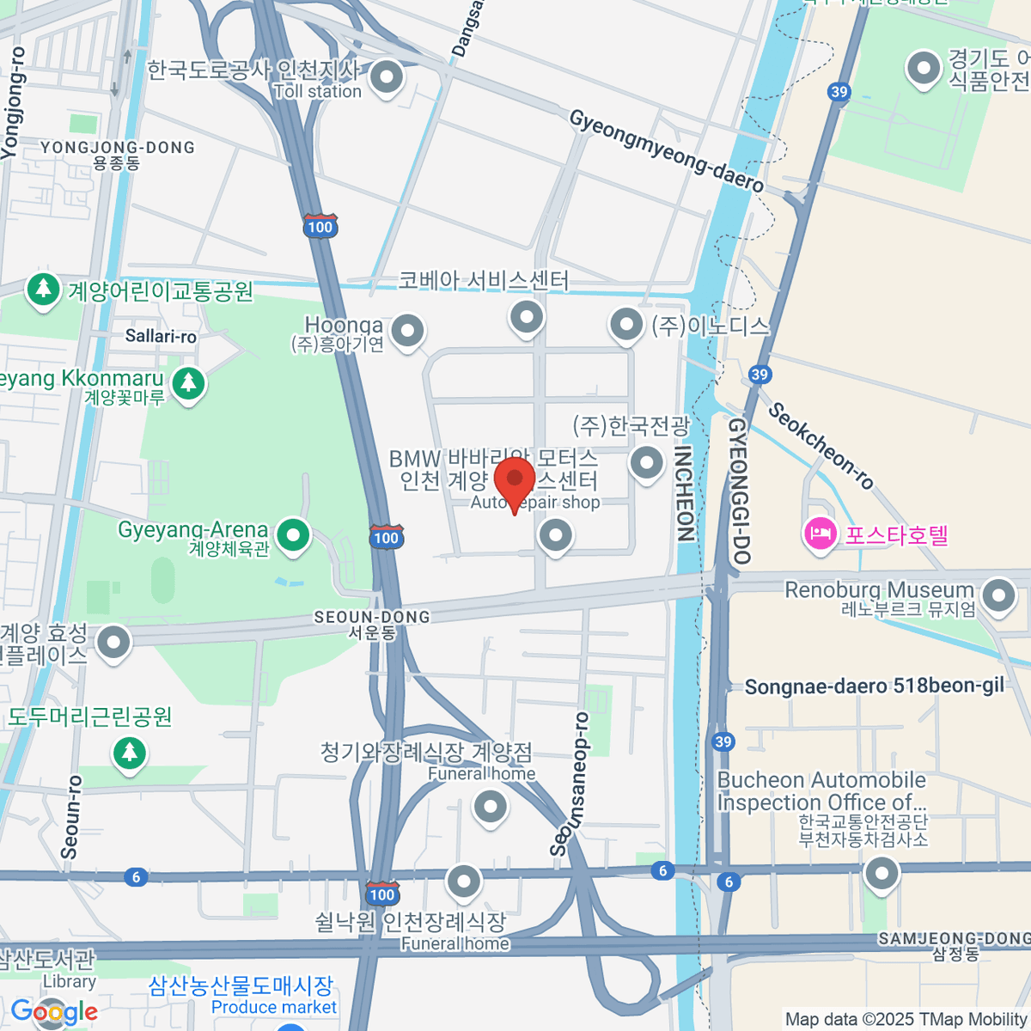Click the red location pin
tap(515, 479)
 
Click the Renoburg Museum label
tap(880, 590)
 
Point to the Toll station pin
tap(387, 78)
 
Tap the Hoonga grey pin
tap(407, 330)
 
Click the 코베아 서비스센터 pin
tap(526, 316)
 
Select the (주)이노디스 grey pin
tap(626, 325)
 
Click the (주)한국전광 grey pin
tap(646, 462)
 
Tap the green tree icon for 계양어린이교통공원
tap(43, 290)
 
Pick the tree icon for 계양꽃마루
tap(188, 382)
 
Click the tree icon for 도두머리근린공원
tap(130, 753)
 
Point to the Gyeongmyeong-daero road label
tap(667, 151)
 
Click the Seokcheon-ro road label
tap(821, 445)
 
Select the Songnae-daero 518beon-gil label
tap(874, 686)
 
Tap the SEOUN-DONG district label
tap(371, 617)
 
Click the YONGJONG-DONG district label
tap(118, 148)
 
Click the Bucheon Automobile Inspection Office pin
tap(881, 875)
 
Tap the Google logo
tap(54, 1011)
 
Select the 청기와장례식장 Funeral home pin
tap(491, 807)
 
